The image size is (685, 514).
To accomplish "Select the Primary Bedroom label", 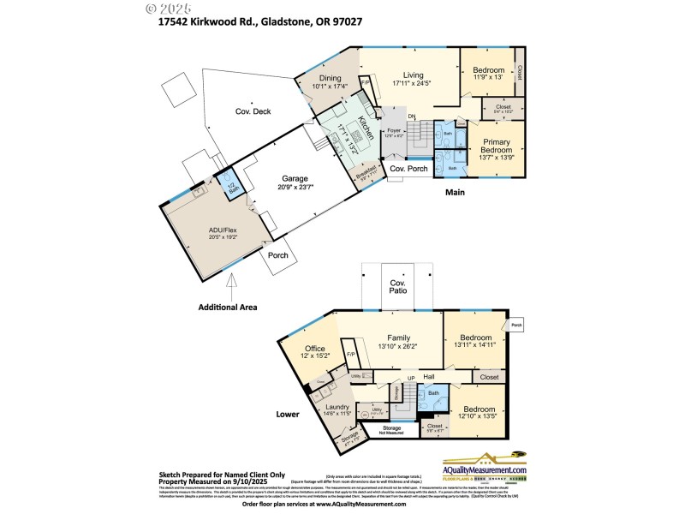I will (x=497, y=146).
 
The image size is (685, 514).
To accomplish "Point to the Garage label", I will (x=295, y=179).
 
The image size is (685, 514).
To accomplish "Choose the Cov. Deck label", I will (x=254, y=111).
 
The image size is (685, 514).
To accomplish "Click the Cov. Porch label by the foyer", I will (x=408, y=169).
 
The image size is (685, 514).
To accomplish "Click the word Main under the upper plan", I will (x=454, y=193).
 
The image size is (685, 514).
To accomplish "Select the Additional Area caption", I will (x=228, y=306).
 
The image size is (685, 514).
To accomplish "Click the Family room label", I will (x=399, y=337).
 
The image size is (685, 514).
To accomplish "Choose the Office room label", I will (x=315, y=348).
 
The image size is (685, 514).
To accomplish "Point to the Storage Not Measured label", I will (x=392, y=429).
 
